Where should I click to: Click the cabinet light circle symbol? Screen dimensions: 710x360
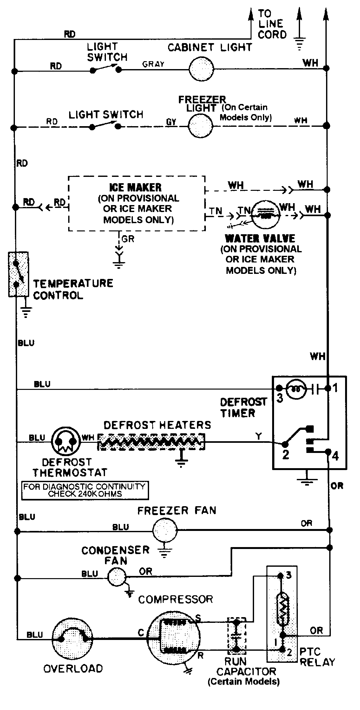[x=201, y=68]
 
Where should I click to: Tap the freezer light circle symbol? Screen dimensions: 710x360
[x=200, y=126]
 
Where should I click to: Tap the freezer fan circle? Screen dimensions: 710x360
[x=164, y=530]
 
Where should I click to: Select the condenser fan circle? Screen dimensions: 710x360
[x=116, y=577]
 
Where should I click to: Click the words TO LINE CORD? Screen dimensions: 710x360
[x=272, y=24]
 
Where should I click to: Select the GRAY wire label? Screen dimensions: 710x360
[x=153, y=64]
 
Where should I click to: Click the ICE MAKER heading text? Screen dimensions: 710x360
[x=135, y=187]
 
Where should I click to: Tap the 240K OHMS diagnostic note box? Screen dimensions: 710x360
[x=85, y=490]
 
